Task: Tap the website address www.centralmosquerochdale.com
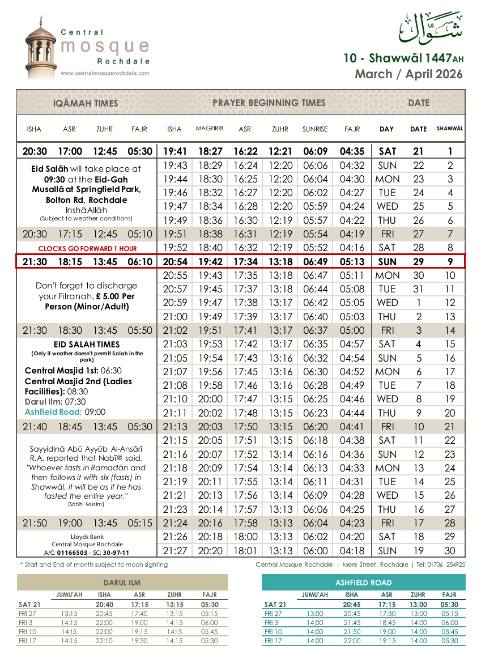[105, 73]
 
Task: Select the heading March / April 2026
[408, 74]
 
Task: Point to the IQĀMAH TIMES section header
[86, 103]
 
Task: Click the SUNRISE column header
[314, 129]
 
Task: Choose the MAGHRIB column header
[210, 129]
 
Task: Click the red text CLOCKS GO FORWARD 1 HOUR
[87, 248]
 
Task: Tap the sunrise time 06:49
[315, 261]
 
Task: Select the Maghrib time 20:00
[210, 399]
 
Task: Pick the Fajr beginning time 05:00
[352, 330]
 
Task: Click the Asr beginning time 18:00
[245, 537]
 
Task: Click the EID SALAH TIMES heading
[87, 344]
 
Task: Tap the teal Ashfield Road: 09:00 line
[65, 412]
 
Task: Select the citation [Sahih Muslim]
[86, 504]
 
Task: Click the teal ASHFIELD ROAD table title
[363, 583]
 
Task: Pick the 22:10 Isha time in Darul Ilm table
[104, 641]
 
